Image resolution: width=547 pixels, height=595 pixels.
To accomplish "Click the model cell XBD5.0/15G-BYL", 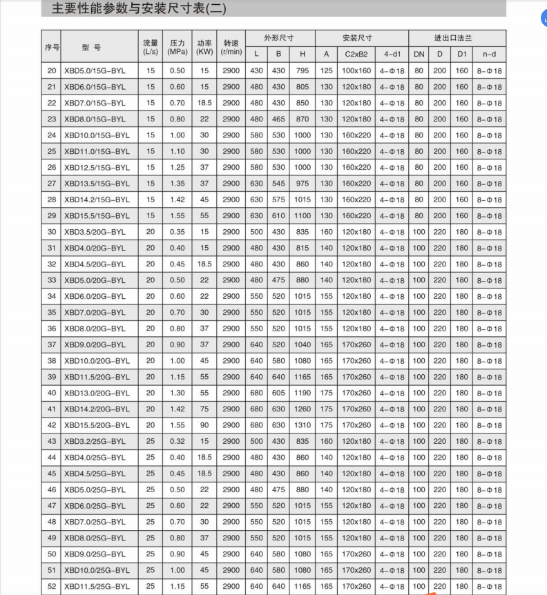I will (95, 70).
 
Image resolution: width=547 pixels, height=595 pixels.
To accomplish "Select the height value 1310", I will (302, 425).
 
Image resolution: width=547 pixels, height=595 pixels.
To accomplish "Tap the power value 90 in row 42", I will (204, 425).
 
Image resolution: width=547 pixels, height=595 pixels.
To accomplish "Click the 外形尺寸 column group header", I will (278, 38).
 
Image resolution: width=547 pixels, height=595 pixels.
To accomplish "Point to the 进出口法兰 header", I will (454, 38).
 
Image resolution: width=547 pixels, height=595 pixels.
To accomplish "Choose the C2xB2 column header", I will (356, 54).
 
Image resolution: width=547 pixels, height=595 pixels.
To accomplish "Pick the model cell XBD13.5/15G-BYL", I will (97, 184).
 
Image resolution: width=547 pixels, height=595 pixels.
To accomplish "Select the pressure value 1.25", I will (177, 167).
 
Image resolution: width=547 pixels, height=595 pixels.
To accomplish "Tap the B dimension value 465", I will (278, 119).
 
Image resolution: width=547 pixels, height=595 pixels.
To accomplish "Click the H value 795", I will (302, 70).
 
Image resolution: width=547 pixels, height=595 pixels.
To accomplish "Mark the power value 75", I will (204, 409).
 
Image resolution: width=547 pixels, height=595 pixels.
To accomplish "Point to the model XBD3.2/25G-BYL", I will (95, 441).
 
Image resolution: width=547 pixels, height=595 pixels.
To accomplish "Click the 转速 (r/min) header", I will (231, 46).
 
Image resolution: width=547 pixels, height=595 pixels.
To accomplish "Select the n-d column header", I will (490, 54).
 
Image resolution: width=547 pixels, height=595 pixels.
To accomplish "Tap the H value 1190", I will (302, 393).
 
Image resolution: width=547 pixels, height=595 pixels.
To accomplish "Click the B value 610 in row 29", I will (278, 215).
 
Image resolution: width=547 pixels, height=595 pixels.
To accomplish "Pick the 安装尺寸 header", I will (357, 38).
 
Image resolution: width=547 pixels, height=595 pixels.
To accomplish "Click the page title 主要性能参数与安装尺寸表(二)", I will (139, 9).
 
